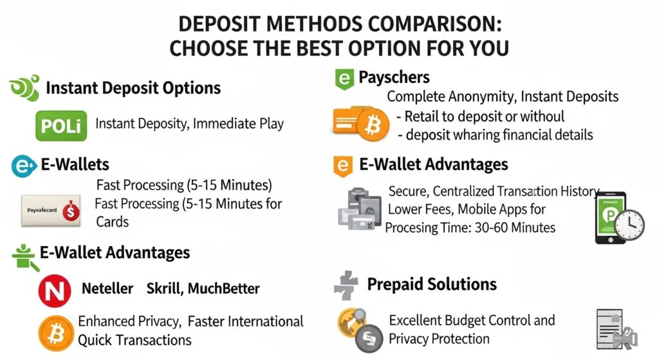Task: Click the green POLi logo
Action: (60, 124)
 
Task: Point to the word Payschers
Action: (394, 78)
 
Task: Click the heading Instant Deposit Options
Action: (133, 88)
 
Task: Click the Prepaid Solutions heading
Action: (431, 284)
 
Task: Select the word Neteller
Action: (107, 289)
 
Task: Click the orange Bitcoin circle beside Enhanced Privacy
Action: (57, 333)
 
